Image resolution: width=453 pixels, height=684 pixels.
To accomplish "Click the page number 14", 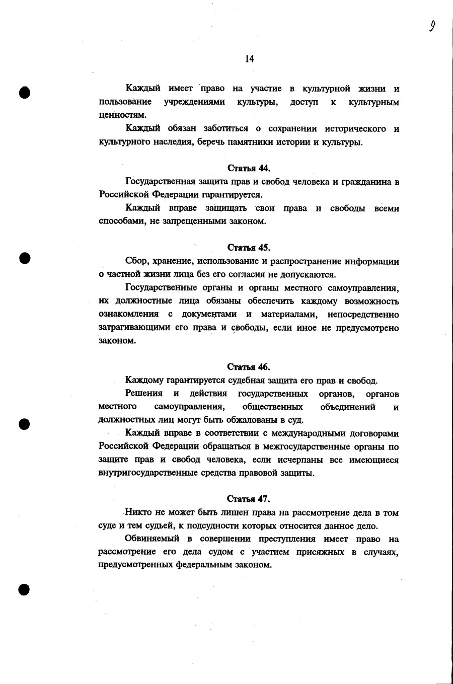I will (249, 59).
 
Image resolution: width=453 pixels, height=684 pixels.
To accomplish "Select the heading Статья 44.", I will (249, 168).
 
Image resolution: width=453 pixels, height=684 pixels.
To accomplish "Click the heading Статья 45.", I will (249, 248).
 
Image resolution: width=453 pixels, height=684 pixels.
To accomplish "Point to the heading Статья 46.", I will (249, 367).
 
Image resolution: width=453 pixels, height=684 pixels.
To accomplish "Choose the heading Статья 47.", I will (249, 499).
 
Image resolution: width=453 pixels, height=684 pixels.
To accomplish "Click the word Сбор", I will (136, 262).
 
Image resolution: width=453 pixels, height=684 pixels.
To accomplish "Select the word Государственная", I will (161, 182).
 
